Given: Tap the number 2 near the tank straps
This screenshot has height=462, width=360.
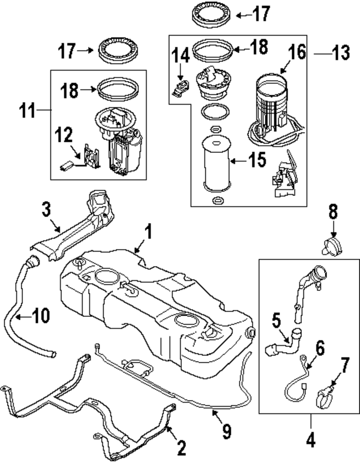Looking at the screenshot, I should pos(180,447).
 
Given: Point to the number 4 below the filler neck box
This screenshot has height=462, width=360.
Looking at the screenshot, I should pos(311,439).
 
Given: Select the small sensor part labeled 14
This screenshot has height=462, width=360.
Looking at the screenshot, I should pos(181,87).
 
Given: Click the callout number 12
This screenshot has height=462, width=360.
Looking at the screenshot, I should pos(64,136).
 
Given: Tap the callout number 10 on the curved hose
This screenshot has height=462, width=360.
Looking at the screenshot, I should pos(39,316).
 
